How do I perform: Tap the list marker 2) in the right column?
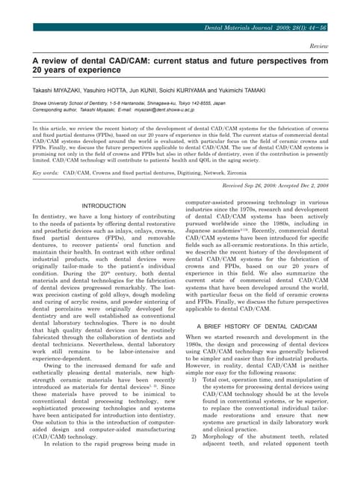196,456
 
